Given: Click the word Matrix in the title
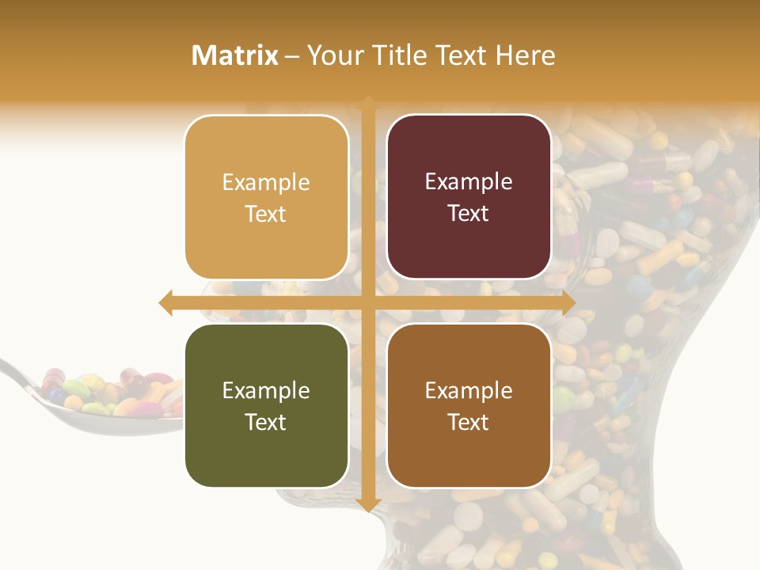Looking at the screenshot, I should click(235, 55).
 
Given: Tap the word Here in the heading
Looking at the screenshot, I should click(525, 55).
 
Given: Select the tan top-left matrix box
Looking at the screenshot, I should click(266, 197).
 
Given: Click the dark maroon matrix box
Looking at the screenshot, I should click(469, 197).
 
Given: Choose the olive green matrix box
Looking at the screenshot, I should click(266, 405).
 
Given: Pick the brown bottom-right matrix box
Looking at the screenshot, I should click(469, 405).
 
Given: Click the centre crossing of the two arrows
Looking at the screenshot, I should click(368, 302).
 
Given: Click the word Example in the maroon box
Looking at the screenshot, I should click(469, 182).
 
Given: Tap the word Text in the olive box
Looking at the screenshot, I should click(266, 422).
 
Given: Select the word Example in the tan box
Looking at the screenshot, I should click(266, 182).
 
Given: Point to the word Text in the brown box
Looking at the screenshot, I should click(469, 422).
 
